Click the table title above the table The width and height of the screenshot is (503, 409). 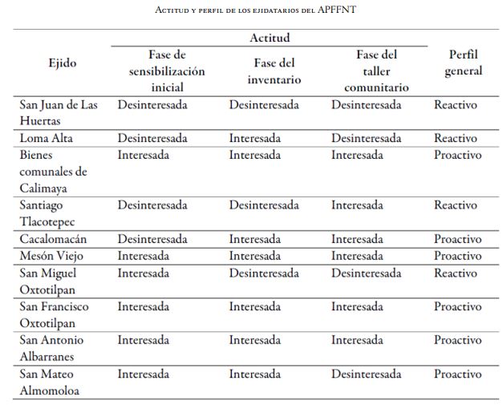(251, 11)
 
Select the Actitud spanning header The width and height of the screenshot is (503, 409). (270, 38)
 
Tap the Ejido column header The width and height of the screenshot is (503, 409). (62, 63)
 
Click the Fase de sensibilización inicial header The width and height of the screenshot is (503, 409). (167, 71)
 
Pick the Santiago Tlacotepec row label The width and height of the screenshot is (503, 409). (53, 213)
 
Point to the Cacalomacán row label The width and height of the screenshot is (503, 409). (53, 239)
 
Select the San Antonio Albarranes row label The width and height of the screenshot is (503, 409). (53, 348)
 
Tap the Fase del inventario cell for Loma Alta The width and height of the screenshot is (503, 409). (254, 138)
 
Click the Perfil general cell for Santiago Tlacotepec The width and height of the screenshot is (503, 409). (455, 205)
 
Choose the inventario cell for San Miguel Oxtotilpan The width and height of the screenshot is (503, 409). (264, 273)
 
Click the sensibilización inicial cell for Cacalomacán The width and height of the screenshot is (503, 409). (152, 239)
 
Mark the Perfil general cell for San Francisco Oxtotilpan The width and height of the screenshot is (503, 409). (457, 306)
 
